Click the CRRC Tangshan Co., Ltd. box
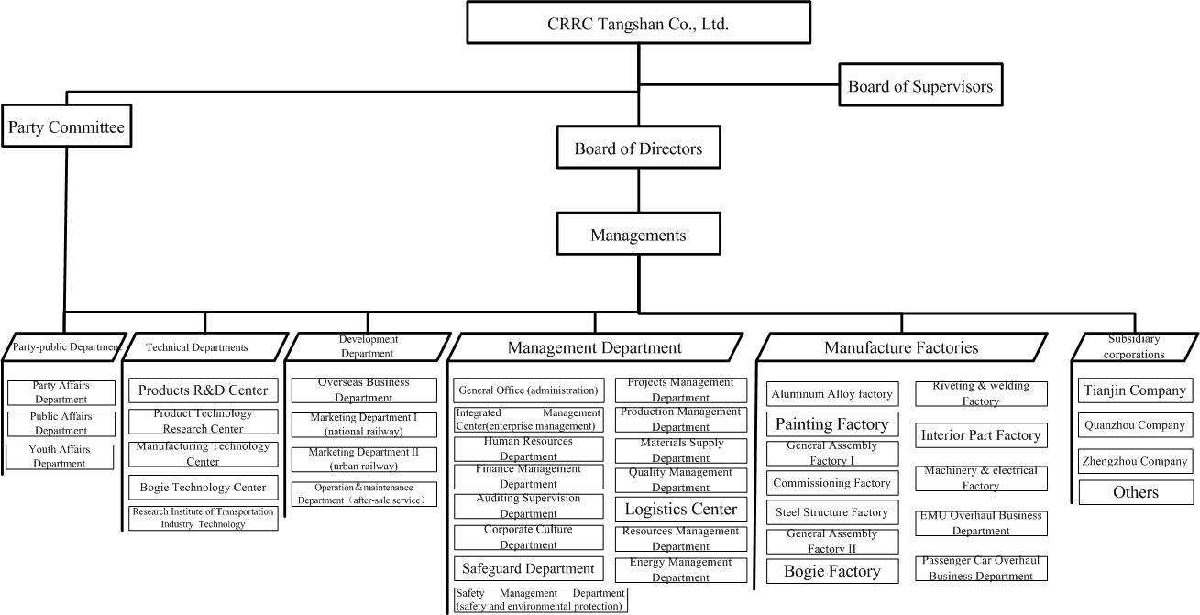638,23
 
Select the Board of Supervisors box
919,86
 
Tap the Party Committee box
66,127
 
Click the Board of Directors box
638,148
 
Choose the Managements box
638,235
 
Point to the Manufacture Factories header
901,347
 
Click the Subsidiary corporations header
1134,346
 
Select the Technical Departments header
197,347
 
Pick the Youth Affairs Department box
61,456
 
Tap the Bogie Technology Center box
203,488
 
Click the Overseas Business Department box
364,390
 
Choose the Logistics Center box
680,509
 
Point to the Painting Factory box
831,423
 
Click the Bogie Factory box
831,571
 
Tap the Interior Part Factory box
981,435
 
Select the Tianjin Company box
1135,390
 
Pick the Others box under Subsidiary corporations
1135,492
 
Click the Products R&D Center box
203,390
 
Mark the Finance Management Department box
528,477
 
